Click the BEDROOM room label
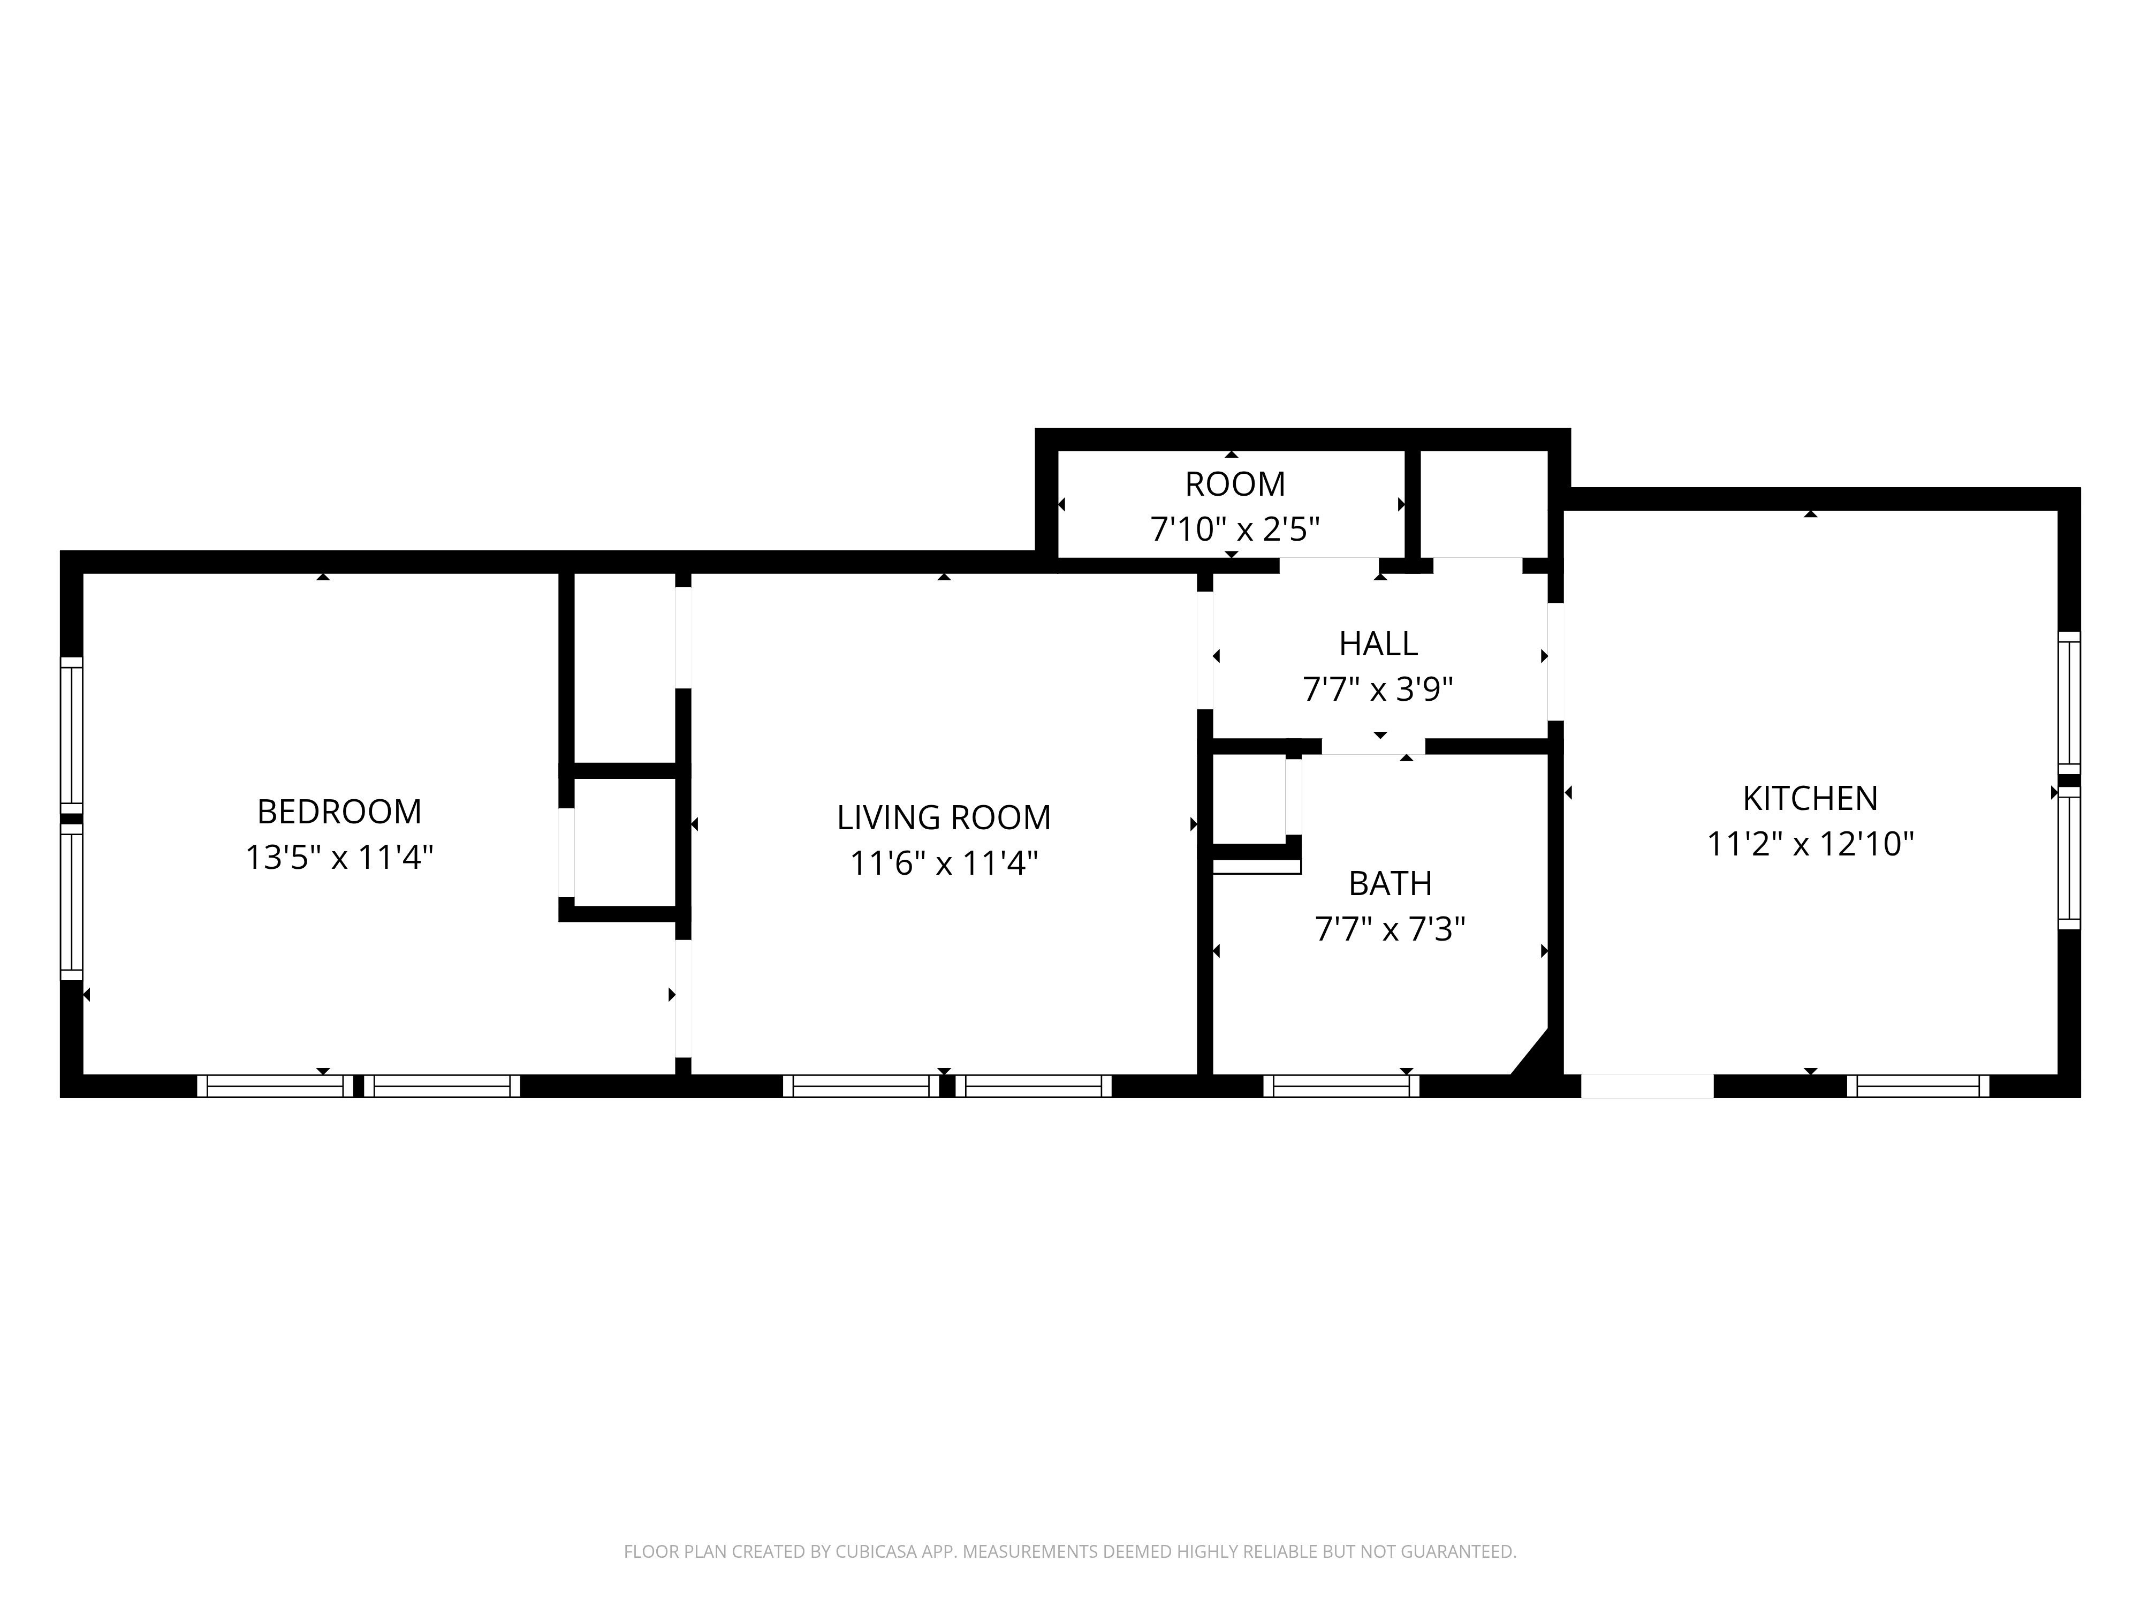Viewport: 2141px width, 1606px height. click(339, 811)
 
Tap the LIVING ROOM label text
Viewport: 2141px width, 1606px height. click(944, 818)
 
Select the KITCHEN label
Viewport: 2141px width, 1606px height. click(1810, 799)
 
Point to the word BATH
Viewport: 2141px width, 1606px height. click(1390, 884)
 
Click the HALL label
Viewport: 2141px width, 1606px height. click(1378, 644)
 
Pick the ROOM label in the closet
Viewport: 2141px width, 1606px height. click(1235, 484)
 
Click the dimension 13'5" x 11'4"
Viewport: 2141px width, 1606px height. click(339, 858)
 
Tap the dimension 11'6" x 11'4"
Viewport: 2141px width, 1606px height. click(944, 863)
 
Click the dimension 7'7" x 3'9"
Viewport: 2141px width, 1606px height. click(1378, 690)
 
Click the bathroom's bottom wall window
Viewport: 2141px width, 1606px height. click(1341, 1086)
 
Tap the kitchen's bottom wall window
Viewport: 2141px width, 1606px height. click(1917, 1086)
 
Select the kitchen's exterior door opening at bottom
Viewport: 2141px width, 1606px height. click(1647, 1086)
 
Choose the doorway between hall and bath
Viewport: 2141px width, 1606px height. click(1373, 746)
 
